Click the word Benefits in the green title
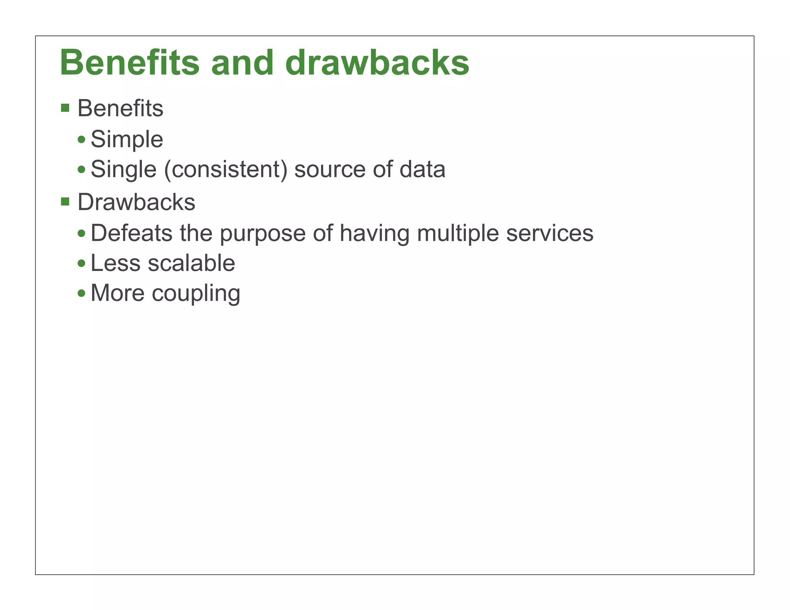coord(130,63)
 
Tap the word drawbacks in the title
coord(377,63)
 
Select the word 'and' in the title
coord(242,63)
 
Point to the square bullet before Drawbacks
coord(65,201)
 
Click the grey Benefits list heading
coord(120,108)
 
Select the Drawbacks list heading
coord(136,202)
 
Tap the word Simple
coord(127,139)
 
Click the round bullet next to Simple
coord(81,140)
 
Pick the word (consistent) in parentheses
coord(226,170)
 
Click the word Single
coord(123,170)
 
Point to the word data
coord(422,170)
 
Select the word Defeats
coord(132,233)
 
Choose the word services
coord(550,233)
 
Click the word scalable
coord(191,263)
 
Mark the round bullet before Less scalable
coord(81,264)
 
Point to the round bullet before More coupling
coord(81,293)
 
